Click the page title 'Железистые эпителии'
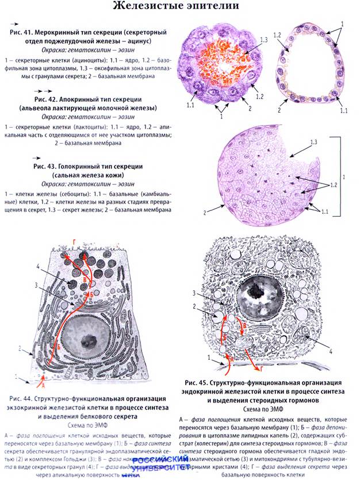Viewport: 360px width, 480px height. click(x=180, y=7)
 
